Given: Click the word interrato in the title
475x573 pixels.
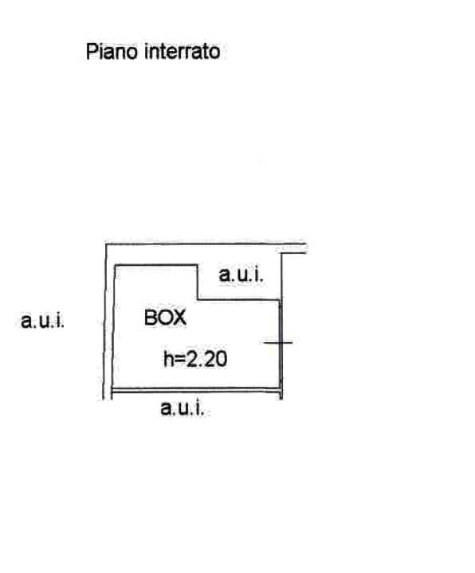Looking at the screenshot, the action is click(x=183, y=51).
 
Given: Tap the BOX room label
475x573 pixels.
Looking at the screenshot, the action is click(x=165, y=318).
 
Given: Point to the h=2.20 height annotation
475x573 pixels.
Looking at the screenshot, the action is click(x=195, y=358).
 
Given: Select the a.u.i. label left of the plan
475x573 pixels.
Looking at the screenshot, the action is click(x=42, y=321).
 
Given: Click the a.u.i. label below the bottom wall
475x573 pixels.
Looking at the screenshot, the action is click(x=182, y=407).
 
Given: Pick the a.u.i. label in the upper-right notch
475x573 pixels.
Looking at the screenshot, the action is click(x=241, y=274).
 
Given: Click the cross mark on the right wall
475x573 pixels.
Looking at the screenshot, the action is click(x=278, y=343).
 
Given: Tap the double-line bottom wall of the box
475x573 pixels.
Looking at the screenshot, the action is click(x=196, y=390).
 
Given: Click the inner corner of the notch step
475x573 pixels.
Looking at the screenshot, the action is click(x=198, y=300).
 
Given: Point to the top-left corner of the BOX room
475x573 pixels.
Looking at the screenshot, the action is click(x=116, y=265).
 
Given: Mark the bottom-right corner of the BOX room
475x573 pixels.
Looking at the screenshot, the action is click(x=281, y=389).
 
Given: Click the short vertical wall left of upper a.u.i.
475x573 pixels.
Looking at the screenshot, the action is click(x=198, y=282).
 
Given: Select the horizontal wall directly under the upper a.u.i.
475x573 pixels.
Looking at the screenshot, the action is click(x=239, y=300).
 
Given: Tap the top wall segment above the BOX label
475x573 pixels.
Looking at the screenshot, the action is click(x=156, y=265).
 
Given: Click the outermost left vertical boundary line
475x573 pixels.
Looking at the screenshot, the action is click(x=104, y=321).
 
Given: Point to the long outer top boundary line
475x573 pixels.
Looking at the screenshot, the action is click(x=206, y=243).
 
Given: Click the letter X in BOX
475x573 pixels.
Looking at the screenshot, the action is click(x=180, y=318).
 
